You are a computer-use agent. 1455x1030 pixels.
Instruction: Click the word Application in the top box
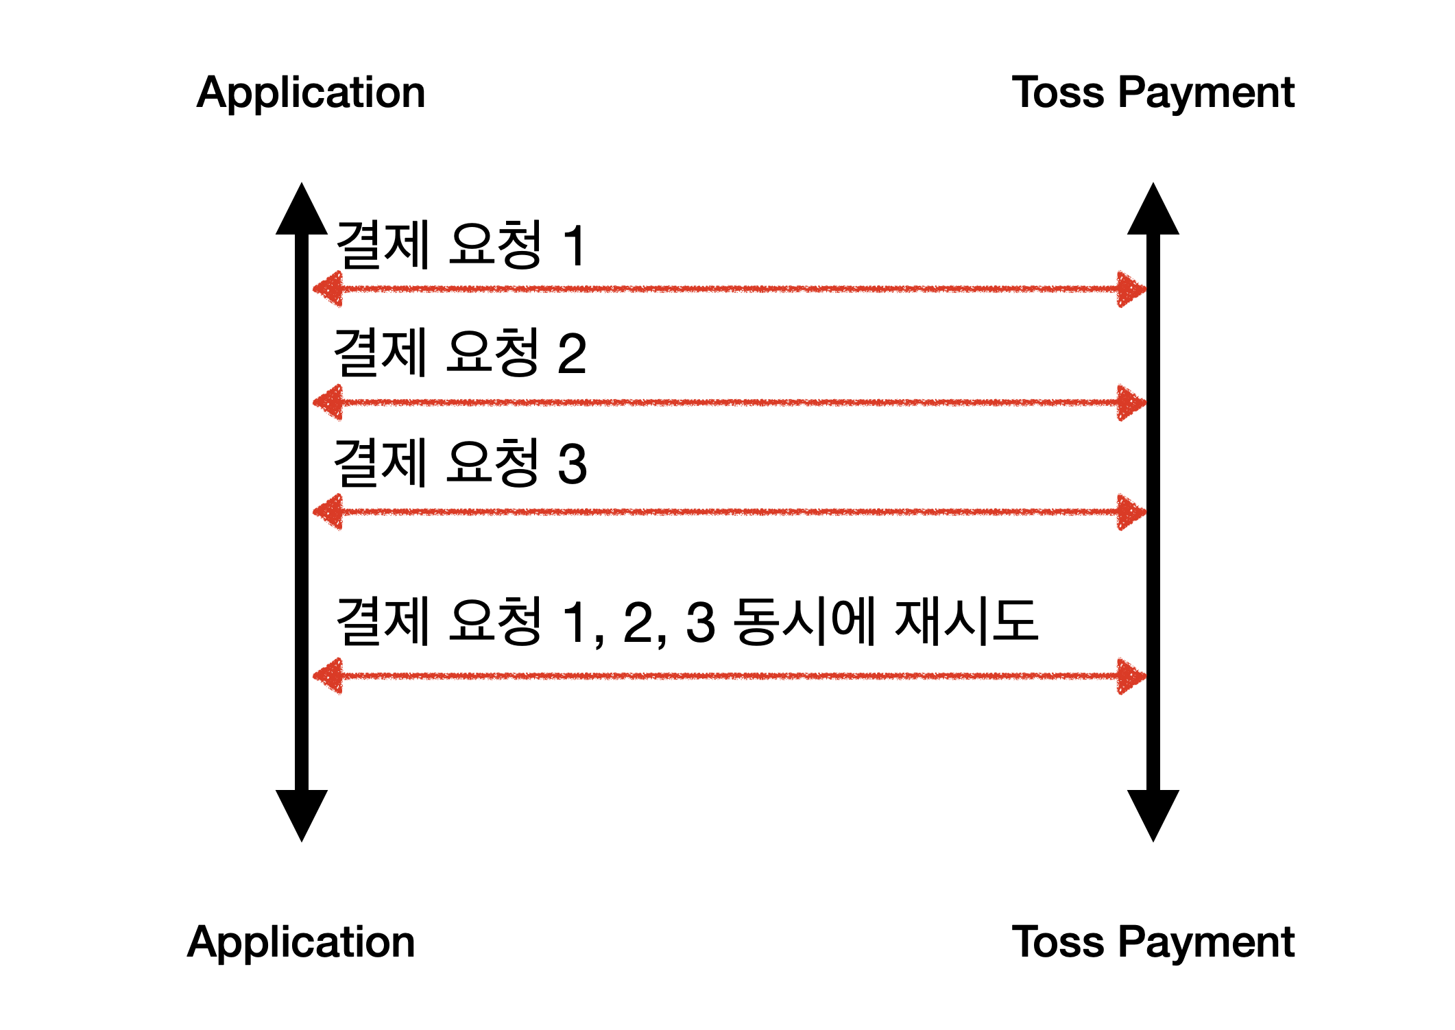click(x=311, y=93)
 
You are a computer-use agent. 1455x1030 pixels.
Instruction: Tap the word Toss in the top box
click(x=1057, y=93)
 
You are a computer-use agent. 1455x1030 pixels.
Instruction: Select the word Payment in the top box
click(x=1206, y=93)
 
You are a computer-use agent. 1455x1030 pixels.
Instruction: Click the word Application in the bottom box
click(x=301, y=942)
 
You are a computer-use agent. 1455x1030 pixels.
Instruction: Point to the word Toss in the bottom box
click(x=1057, y=942)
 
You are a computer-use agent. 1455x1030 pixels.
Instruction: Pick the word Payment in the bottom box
click(x=1206, y=942)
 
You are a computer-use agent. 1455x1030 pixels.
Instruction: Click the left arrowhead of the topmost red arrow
click(x=328, y=289)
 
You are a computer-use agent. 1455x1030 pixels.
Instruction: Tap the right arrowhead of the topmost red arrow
click(x=1131, y=289)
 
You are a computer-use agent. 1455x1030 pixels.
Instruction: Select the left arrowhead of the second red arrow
click(x=328, y=403)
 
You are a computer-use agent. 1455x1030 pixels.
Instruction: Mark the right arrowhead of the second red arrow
click(x=1131, y=403)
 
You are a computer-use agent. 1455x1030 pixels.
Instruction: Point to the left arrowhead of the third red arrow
click(x=328, y=512)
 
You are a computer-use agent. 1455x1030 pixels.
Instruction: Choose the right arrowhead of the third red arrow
click(x=1131, y=512)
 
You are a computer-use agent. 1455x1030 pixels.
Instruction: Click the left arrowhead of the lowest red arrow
click(x=328, y=676)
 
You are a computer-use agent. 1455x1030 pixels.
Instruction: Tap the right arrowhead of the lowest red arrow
click(x=1131, y=676)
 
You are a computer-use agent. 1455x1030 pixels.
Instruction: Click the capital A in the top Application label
click(x=211, y=93)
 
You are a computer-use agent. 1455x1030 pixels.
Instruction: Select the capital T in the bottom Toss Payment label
click(x=1026, y=941)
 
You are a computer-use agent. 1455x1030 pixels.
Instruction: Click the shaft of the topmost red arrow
click(x=730, y=289)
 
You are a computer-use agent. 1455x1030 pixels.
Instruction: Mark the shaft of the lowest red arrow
click(x=730, y=676)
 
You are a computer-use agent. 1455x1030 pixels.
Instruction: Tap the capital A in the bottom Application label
click(x=202, y=942)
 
